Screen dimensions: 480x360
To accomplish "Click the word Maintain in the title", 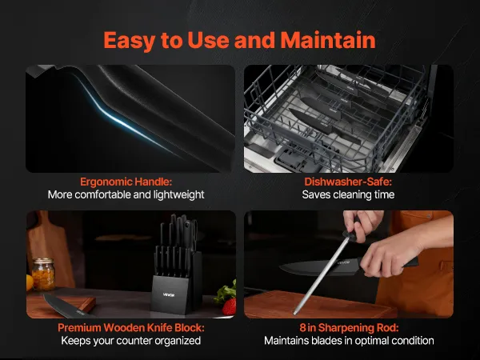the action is coord(328,40).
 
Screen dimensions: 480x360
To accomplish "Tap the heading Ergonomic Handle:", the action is coord(126,182).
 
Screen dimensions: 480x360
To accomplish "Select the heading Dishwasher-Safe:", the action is coord(348,182).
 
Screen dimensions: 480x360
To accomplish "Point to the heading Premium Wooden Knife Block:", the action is coord(131,328).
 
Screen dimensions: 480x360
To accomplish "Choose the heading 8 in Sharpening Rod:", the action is coord(349,328).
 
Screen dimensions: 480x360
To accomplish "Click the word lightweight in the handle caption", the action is coord(179,194).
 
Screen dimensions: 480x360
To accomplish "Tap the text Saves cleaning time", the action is coord(348,194).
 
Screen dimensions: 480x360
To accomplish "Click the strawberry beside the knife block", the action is coord(230,306).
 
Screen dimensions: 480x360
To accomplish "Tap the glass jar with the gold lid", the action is coord(43,274).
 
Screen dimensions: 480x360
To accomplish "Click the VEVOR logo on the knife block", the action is coord(169,294).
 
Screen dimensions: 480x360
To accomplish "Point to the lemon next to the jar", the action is coord(29,282).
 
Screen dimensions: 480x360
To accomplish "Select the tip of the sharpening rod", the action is coord(294,313).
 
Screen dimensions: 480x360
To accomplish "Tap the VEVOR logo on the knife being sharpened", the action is coord(343,262).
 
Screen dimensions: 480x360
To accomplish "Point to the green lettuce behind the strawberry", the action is coord(226,292).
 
